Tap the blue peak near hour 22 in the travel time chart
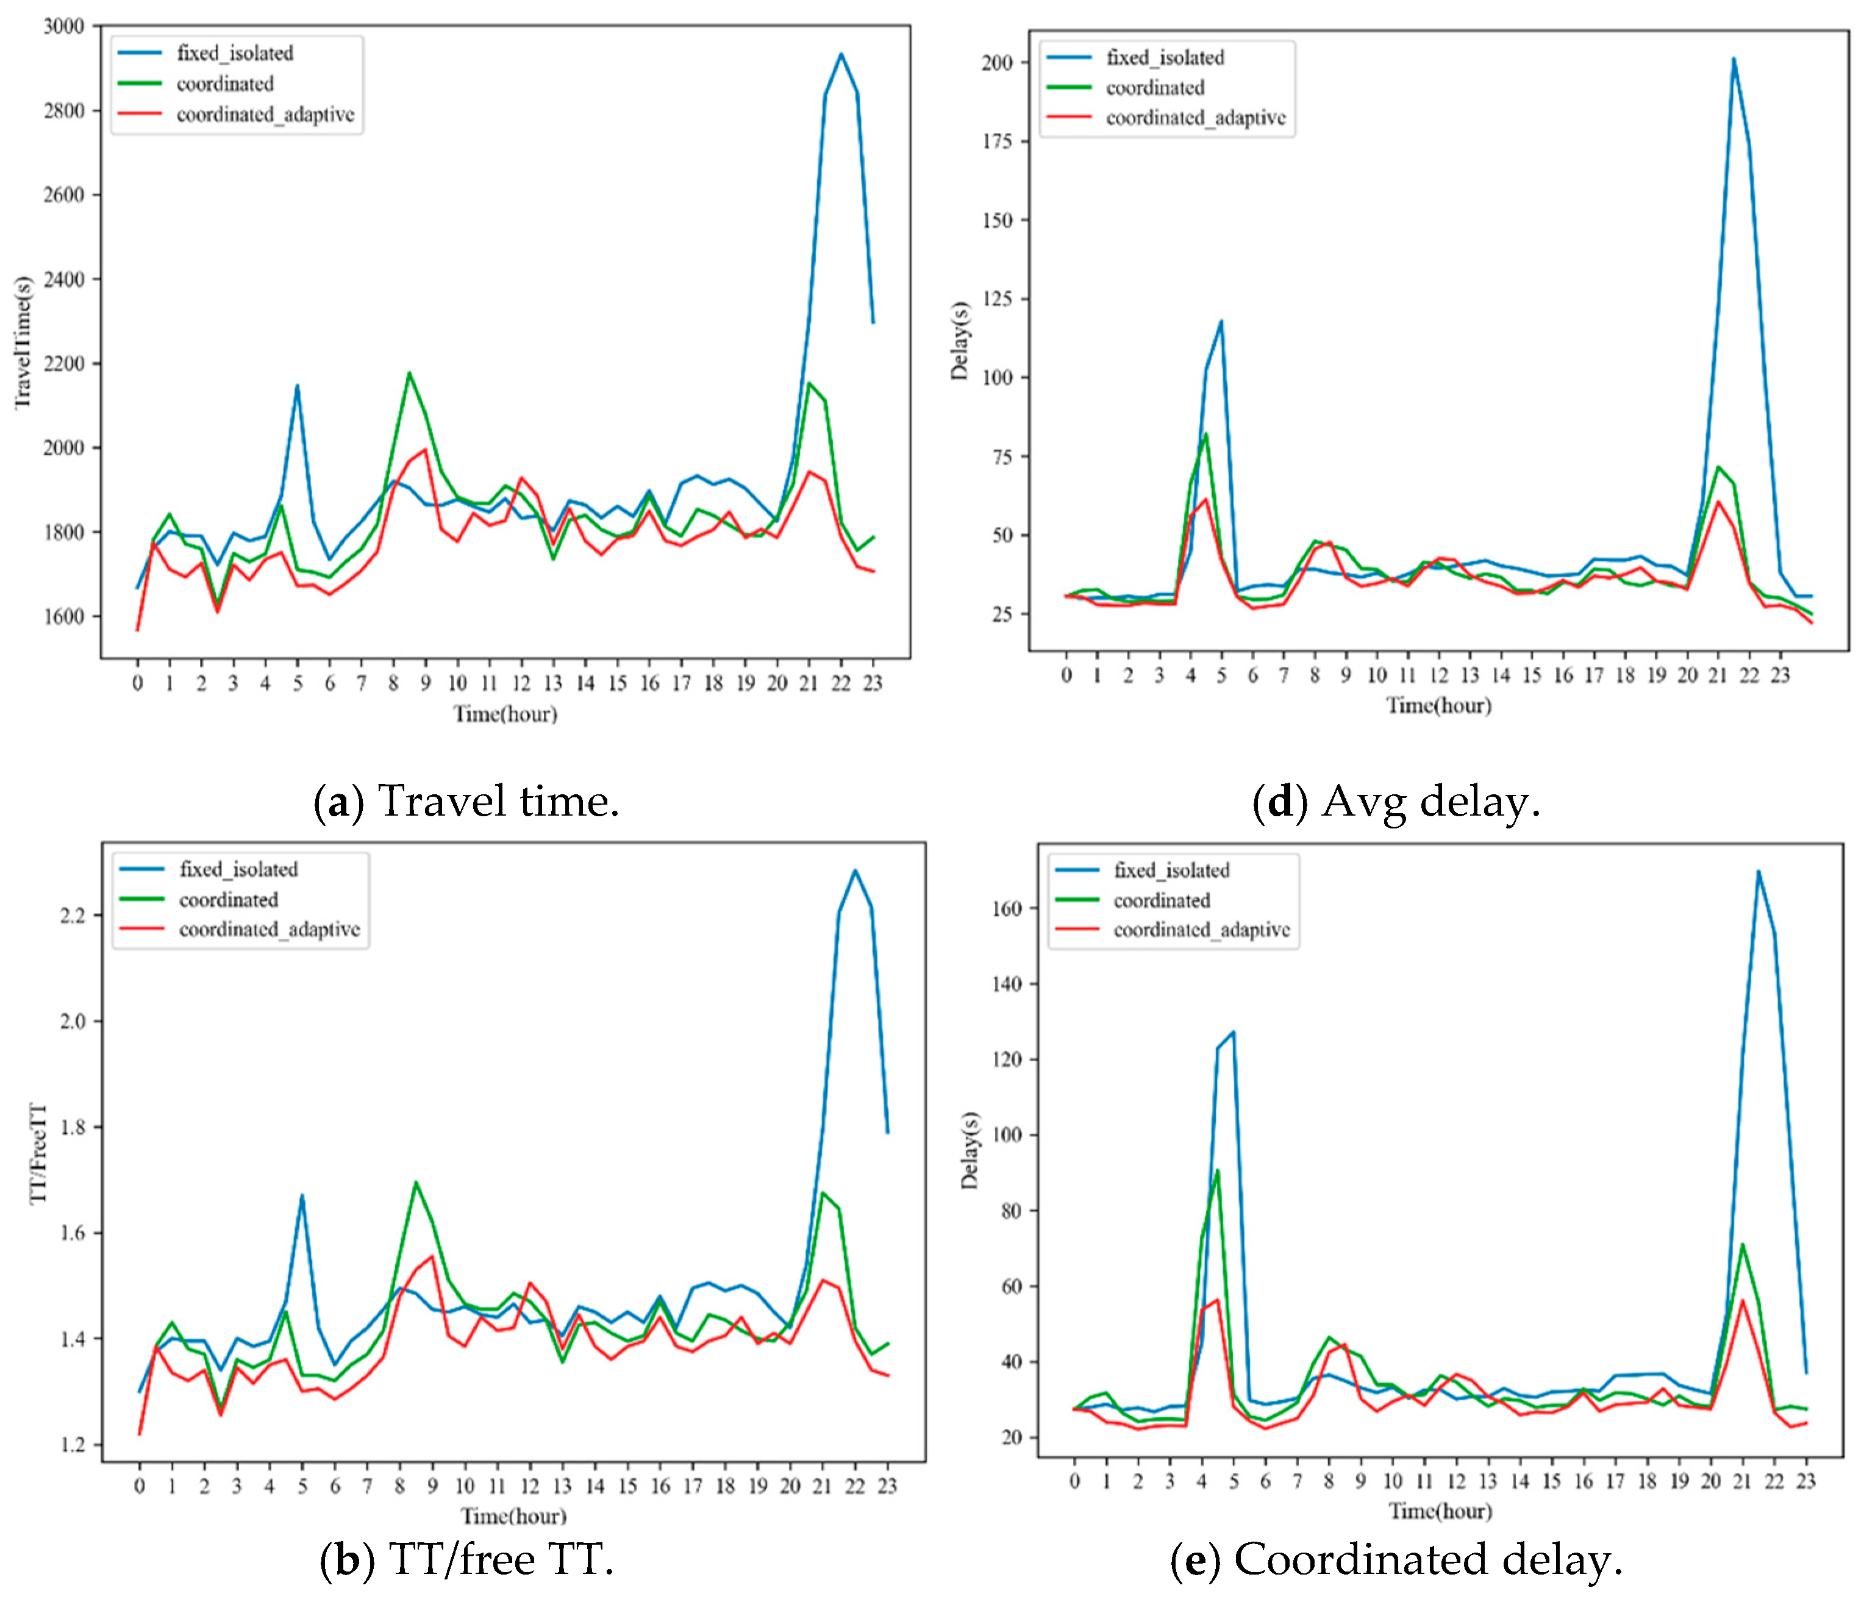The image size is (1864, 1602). [x=841, y=54]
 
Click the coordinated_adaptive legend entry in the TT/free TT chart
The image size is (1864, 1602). [x=269, y=929]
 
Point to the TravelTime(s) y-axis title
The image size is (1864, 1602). [x=23, y=342]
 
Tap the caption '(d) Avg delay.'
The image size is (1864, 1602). [x=1396, y=800]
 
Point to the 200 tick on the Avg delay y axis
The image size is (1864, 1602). [x=997, y=63]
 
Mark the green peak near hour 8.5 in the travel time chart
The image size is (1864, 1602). [x=409, y=372]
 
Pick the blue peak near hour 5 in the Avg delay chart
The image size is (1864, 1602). [x=1221, y=321]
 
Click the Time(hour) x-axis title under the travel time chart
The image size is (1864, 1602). [x=505, y=714]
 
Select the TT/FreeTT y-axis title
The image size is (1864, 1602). [x=38, y=1153]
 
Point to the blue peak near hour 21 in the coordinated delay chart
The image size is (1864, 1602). [x=1758, y=870]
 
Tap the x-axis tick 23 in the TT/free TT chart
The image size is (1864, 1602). [x=887, y=1486]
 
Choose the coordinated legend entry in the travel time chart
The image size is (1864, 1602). [x=225, y=84]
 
